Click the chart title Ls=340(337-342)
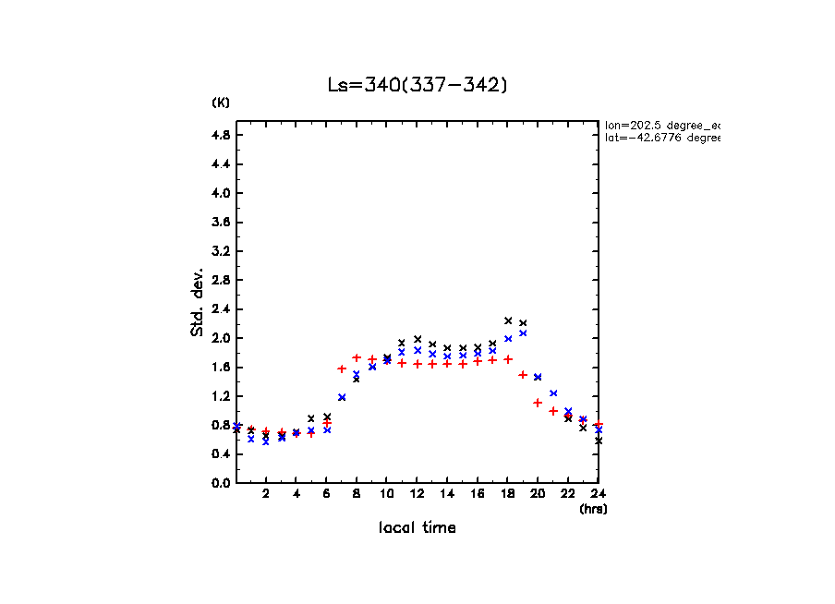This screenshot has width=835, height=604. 417,85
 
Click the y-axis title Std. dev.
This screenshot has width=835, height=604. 198,301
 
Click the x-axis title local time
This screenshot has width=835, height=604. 417,527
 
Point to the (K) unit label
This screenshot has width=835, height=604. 221,103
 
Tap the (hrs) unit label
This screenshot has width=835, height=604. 593,508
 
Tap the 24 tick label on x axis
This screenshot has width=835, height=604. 598,493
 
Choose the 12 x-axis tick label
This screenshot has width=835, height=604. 417,493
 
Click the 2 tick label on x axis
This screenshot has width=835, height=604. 266,493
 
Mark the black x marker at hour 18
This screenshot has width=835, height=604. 508,320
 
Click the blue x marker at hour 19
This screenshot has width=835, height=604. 523,333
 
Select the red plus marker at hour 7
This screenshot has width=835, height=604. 342,368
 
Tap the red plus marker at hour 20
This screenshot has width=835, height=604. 538,403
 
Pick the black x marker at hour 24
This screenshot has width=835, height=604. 599,441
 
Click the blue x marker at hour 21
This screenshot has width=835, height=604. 553,393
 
